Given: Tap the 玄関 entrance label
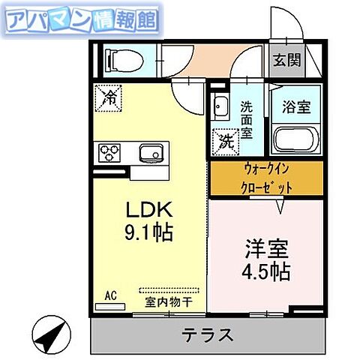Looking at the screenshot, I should [x=286, y=61].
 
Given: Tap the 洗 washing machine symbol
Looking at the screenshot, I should [x=223, y=140].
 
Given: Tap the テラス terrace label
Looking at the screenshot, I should [x=205, y=334].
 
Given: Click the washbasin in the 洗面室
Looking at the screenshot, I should [x=221, y=106].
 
